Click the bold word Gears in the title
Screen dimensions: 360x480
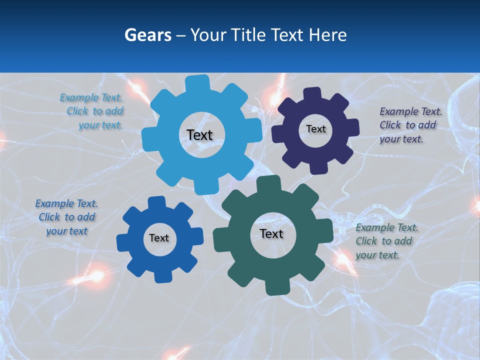tap(148, 35)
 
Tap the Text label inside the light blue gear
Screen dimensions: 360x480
tap(199, 135)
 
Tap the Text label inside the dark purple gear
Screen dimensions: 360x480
tap(315, 129)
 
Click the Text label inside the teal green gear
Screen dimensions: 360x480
tap(271, 233)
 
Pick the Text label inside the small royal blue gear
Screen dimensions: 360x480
tap(159, 238)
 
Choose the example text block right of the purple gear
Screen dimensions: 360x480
tap(410, 125)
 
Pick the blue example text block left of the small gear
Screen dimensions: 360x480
tap(66, 217)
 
